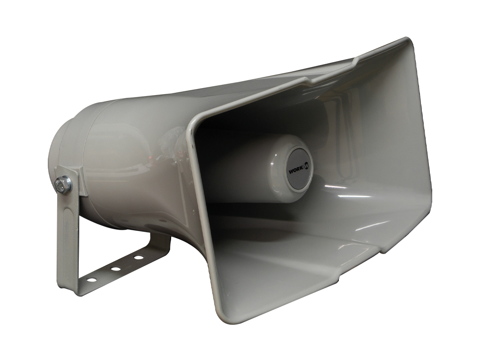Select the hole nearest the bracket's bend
91,279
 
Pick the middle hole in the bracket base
115,269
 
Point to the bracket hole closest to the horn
139,257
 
